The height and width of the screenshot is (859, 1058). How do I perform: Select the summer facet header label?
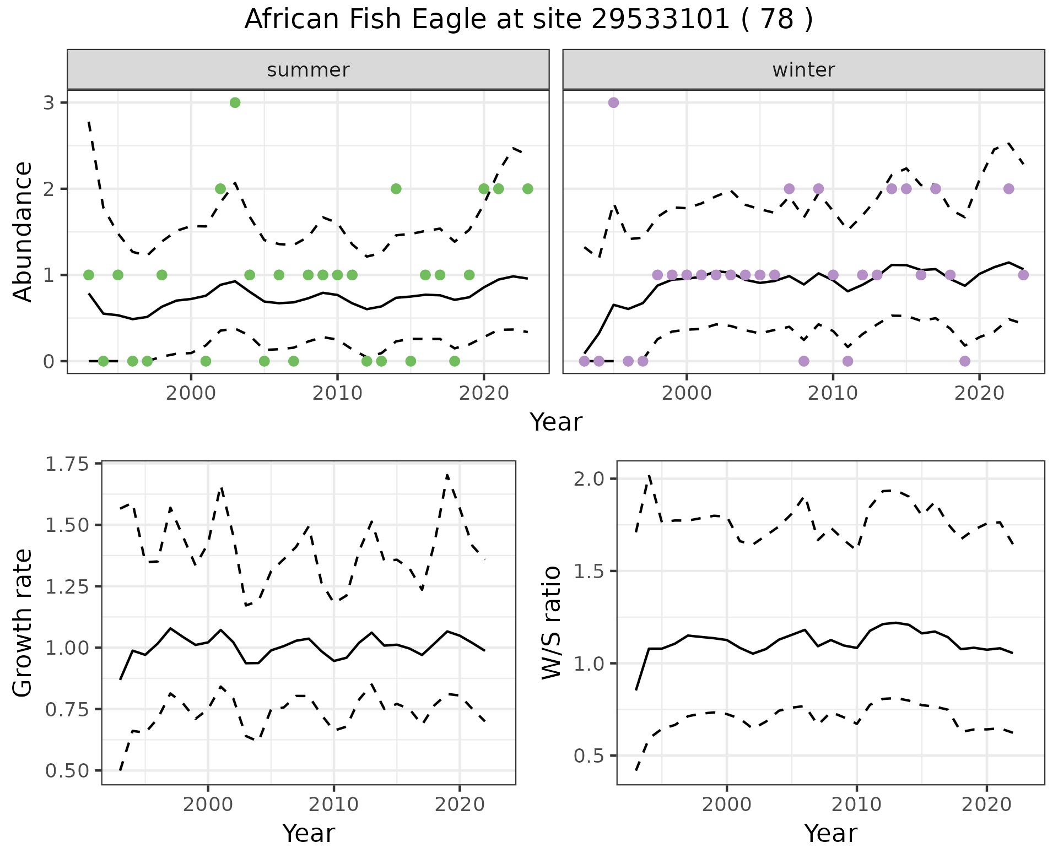[308, 70]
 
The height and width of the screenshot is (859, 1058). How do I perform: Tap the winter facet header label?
[803, 70]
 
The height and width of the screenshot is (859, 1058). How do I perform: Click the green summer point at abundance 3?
[235, 102]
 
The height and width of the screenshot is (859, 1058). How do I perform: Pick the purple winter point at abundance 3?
[613, 102]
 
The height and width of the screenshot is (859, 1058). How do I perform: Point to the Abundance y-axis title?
[23, 231]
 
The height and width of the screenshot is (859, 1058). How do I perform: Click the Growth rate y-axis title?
[23, 622]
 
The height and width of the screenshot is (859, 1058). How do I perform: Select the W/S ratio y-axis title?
[552, 622]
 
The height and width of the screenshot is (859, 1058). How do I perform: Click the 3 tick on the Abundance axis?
[49, 103]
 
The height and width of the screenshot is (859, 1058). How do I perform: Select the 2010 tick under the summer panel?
[337, 393]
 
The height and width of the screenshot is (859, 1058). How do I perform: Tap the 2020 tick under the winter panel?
[979, 393]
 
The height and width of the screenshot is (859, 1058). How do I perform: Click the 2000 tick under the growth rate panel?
[208, 804]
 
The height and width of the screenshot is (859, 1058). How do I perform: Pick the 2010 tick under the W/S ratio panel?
[856, 804]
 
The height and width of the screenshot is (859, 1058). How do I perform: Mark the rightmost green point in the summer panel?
[527, 189]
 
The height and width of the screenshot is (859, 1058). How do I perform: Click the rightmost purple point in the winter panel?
[1023, 275]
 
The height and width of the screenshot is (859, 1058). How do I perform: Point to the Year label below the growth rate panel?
[308, 833]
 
